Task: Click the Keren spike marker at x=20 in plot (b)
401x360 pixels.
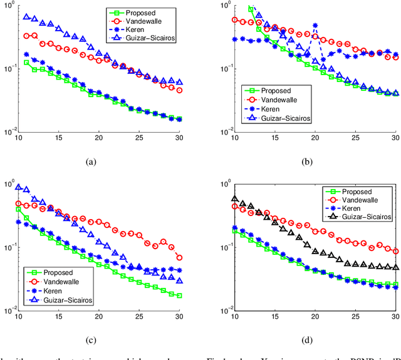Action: click(315, 26)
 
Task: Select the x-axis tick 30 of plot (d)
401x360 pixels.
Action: click(395, 318)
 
